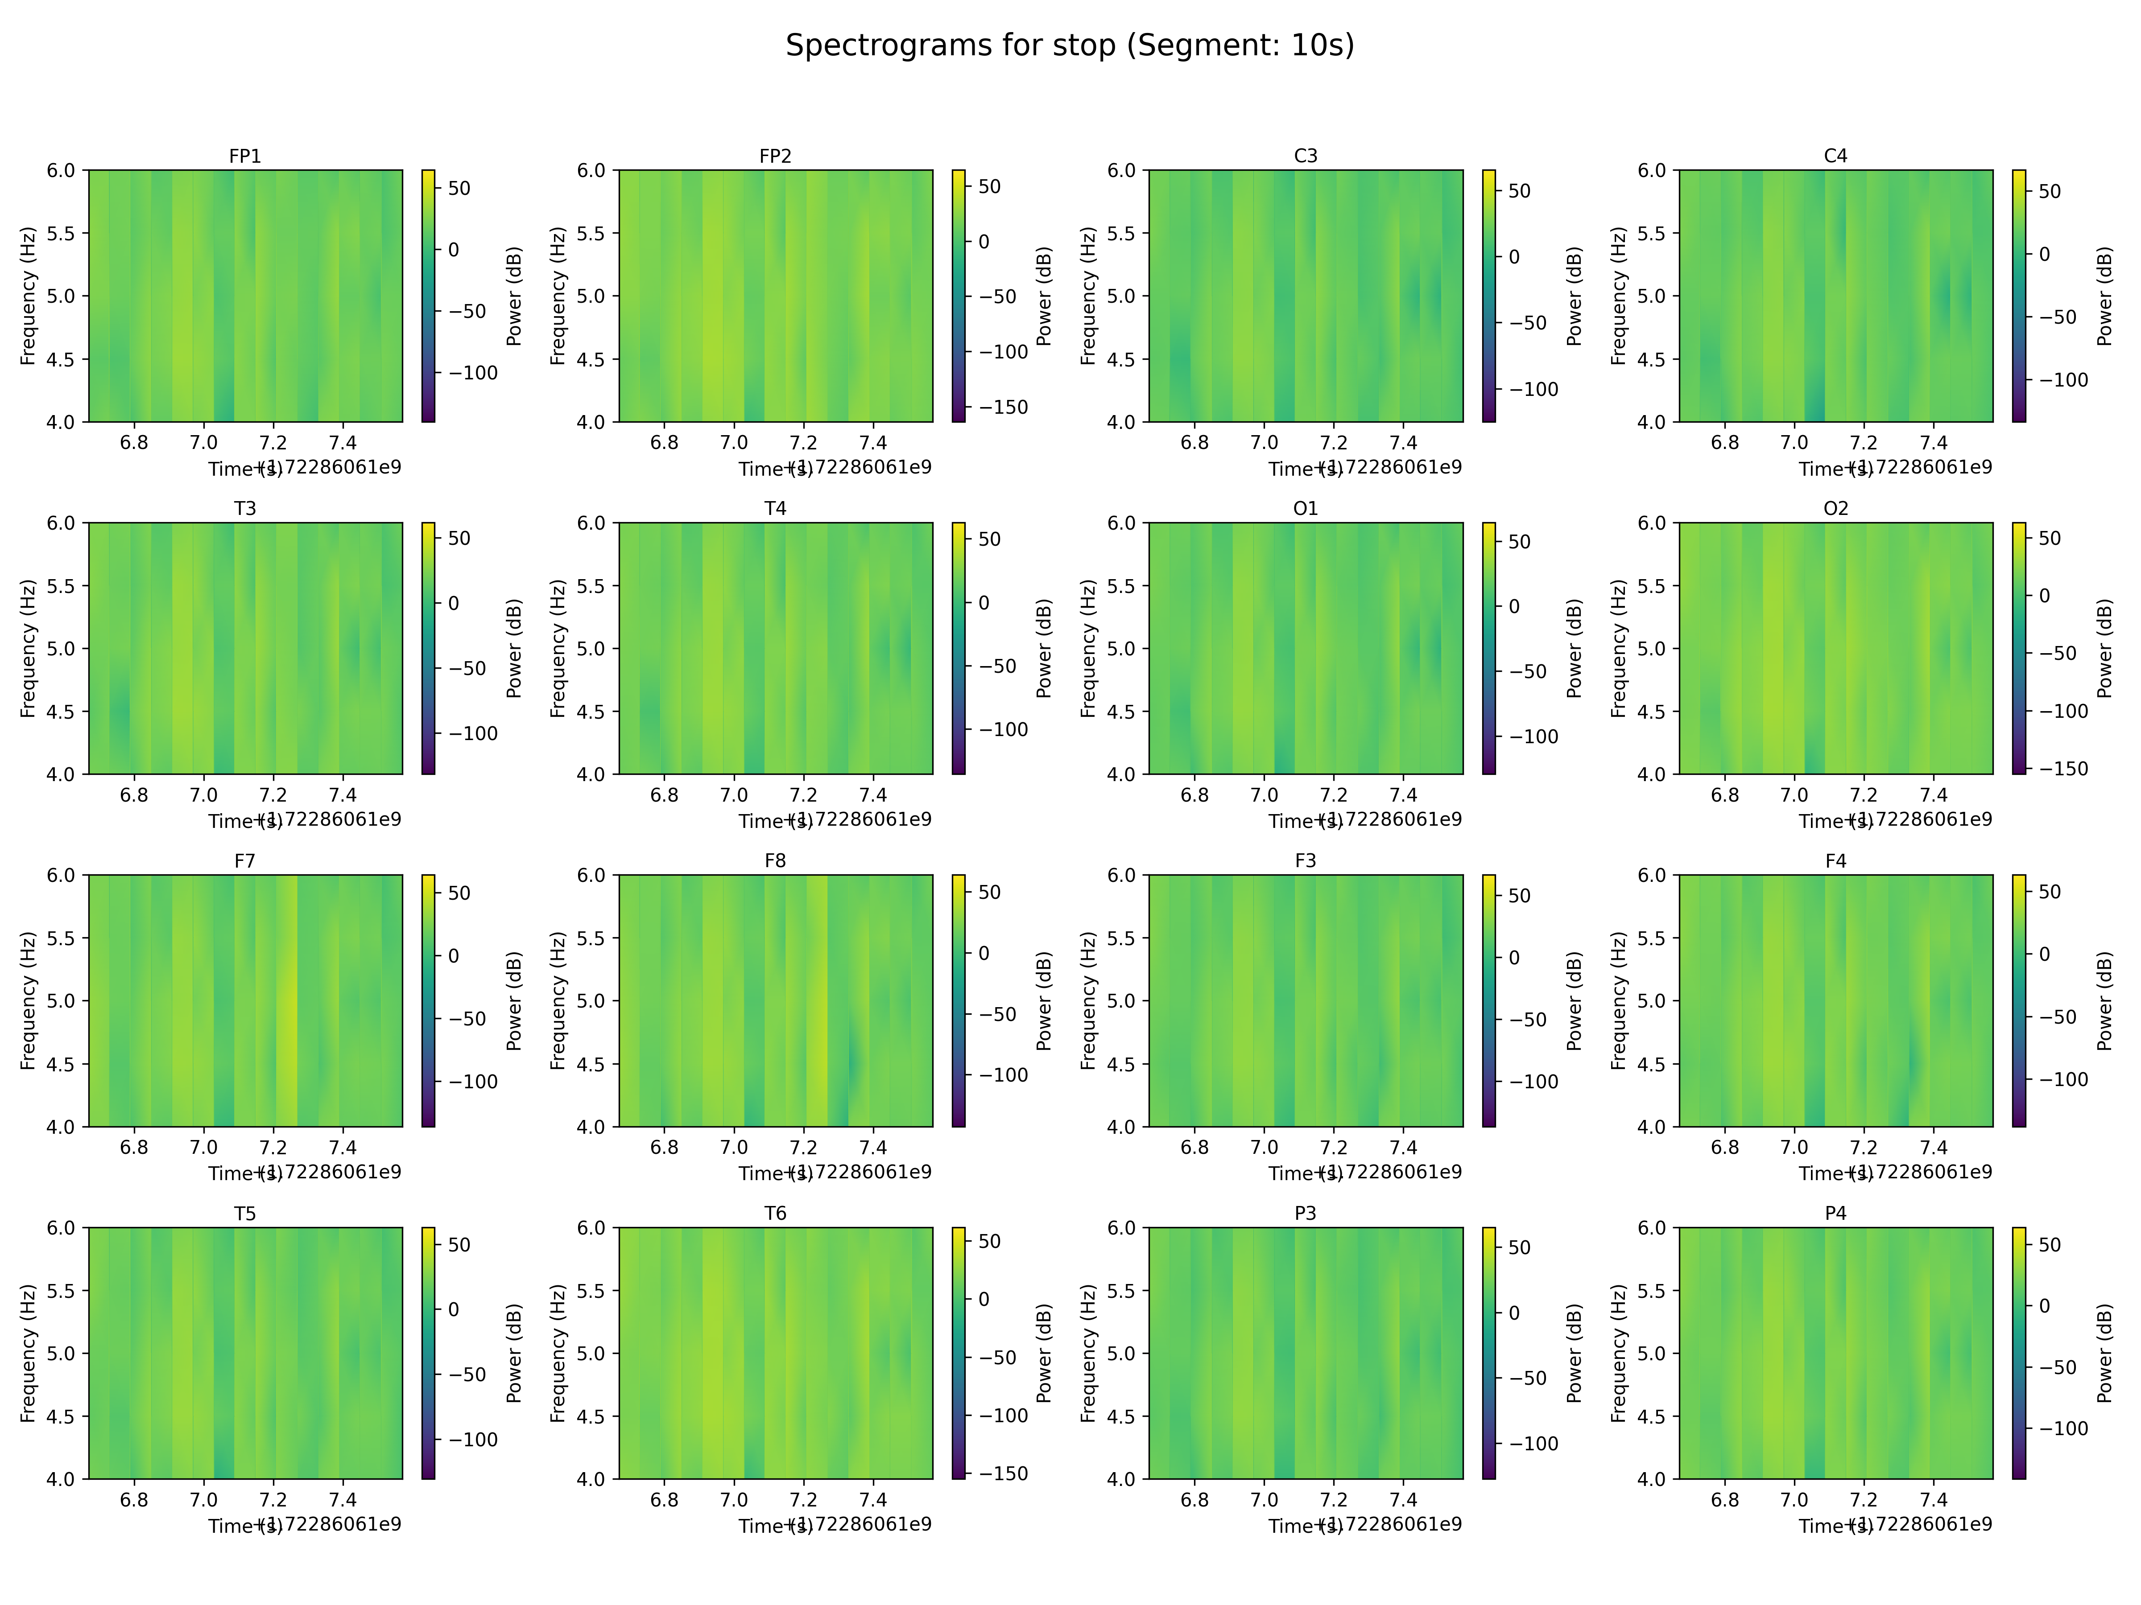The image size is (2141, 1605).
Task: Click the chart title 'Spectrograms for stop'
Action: [1070, 45]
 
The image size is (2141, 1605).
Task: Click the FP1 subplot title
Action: [245, 156]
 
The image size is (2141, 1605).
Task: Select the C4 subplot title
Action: [1835, 156]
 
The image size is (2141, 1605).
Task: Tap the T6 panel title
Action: [775, 1213]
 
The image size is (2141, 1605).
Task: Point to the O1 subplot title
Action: [1305, 508]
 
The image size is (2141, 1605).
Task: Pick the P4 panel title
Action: [1835, 1213]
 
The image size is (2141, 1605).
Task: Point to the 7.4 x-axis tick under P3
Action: [1403, 1499]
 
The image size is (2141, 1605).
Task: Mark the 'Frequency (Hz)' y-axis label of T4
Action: [558, 648]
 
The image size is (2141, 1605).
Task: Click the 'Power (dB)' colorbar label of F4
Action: [2104, 1000]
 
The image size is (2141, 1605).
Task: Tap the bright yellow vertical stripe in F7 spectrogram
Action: [289, 1000]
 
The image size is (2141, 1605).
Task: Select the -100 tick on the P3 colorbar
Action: [1533, 1444]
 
